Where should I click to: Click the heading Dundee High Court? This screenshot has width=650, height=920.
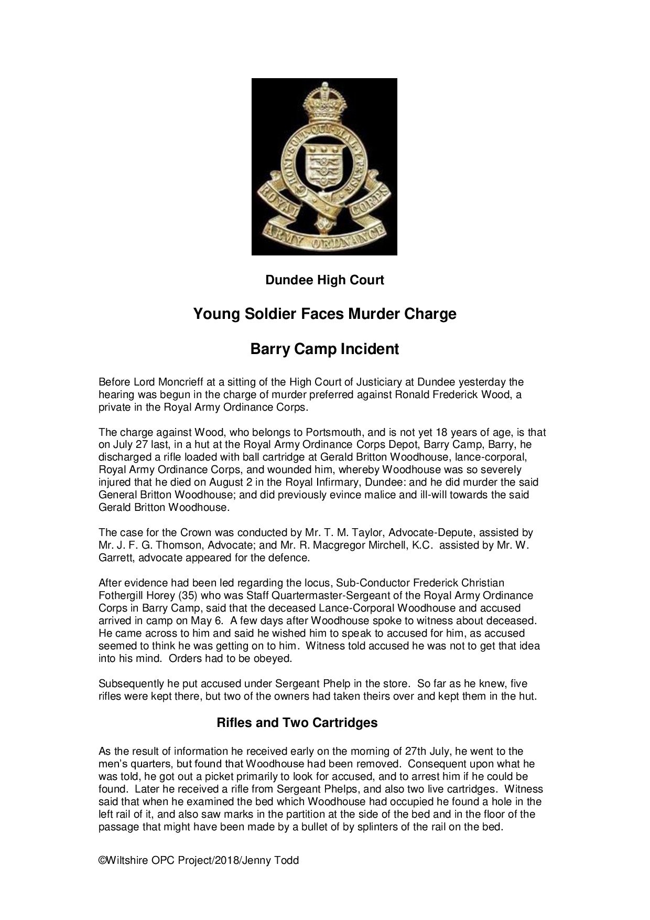click(324, 280)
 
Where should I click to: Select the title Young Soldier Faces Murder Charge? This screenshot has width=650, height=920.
click(324, 314)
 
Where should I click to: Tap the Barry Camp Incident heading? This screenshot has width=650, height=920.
click(324, 349)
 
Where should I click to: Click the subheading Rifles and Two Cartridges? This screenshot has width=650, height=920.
click(297, 722)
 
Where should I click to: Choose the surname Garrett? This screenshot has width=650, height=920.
click(116, 558)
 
